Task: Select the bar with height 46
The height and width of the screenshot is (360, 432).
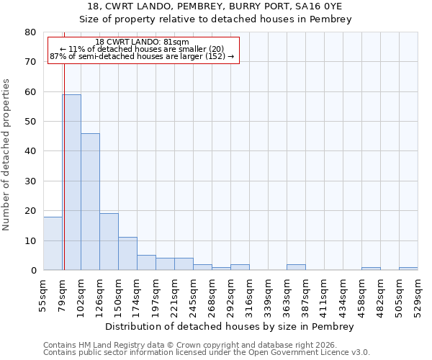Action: tap(90, 202)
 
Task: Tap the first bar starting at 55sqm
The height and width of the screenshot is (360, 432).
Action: tap(53, 243)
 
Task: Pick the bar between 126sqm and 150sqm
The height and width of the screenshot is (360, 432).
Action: tap(109, 242)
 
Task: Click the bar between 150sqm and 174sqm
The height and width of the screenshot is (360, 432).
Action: tap(127, 253)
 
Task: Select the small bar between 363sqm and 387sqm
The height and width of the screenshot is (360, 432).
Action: tap(296, 267)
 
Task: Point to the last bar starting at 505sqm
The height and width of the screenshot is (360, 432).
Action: tap(408, 269)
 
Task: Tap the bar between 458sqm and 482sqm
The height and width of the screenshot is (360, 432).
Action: tap(371, 269)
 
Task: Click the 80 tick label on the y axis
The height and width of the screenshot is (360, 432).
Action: tap(30, 32)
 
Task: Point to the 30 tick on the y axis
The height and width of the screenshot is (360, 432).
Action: tap(30, 181)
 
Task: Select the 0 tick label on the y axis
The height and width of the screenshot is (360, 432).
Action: tap(32, 270)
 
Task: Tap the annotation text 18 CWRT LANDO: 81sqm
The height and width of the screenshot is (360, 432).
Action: tap(142, 42)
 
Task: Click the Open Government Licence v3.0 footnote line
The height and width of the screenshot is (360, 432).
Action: tap(207, 352)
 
